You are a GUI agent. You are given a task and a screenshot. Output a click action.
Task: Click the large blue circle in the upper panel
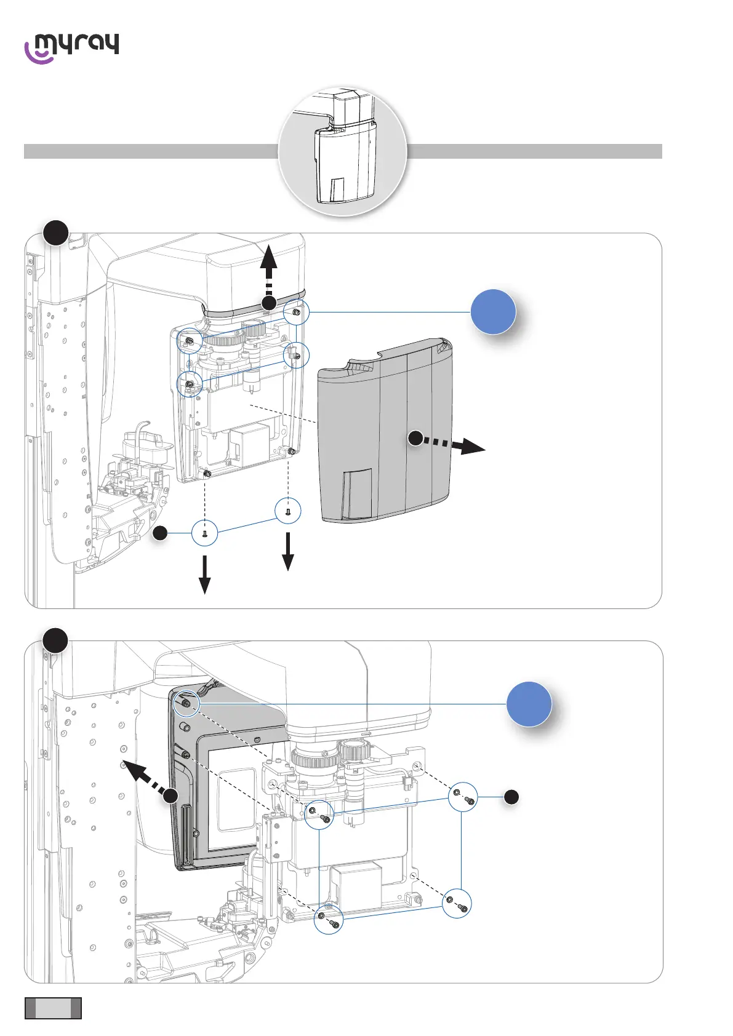click(x=493, y=312)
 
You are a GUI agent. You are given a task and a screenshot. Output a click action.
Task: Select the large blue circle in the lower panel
click(x=529, y=704)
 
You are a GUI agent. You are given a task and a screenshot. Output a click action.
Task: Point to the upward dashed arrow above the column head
click(x=268, y=271)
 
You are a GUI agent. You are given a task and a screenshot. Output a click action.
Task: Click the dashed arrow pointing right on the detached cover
click(x=452, y=444)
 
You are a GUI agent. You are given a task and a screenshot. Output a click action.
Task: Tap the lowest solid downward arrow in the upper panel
click(x=204, y=576)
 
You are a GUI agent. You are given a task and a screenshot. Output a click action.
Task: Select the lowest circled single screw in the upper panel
click(x=204, y=533)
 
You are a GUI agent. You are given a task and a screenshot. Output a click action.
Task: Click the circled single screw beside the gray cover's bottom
click(x=288, y=511)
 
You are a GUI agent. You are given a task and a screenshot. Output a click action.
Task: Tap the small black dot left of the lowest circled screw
click(x=159, y=533)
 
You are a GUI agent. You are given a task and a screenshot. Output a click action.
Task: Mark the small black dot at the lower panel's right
click(x=511, y=797)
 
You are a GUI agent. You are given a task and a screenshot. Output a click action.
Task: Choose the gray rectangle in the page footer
click(x=53, y=1008)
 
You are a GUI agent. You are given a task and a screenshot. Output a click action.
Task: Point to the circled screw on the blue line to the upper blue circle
click(x=297, y=313)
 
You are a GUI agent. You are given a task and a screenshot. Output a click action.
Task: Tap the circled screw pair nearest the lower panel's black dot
click(x=462, y=798)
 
